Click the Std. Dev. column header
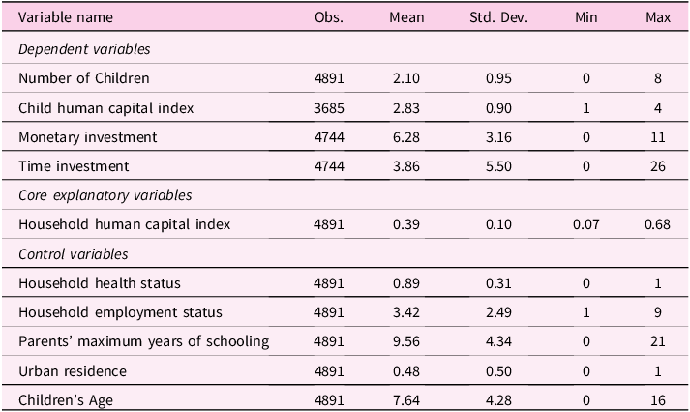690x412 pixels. (498, 17)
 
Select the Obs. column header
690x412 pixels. (329, 17)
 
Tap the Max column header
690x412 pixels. (658, 17)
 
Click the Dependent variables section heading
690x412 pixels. (84, 49)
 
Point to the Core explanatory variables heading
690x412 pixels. (105, 195)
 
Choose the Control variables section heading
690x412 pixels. (73, 254)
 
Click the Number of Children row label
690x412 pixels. (84, 78)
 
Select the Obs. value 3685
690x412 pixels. (329, 108)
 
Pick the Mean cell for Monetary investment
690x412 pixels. (406, 137)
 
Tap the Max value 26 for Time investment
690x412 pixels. (658, 166)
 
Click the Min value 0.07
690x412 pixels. (586, 224)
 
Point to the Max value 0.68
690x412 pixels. (657, 224)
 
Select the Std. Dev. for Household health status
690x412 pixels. (498, 283)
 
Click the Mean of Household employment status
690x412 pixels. (406, 312)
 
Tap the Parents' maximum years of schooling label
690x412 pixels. (144, 341)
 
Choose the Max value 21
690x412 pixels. (658, 341)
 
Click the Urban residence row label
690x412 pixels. (73, 371)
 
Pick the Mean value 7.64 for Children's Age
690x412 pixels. (406, 400)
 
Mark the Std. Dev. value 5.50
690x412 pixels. (498, 166)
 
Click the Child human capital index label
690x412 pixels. (106, 108)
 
